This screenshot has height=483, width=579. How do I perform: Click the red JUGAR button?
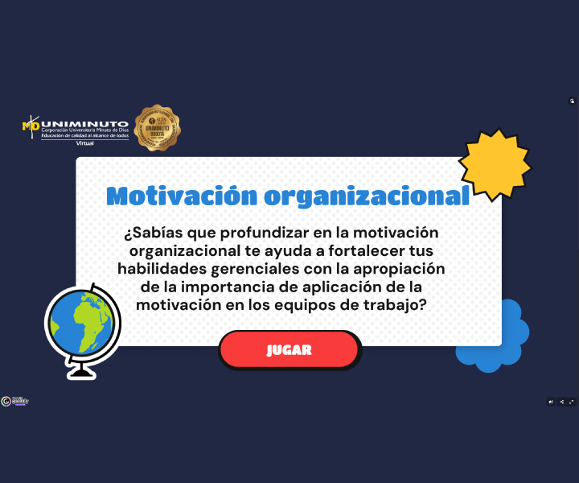[289, 350]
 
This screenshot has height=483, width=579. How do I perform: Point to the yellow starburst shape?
[494, 164]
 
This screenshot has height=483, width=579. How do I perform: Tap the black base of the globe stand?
[80, 372]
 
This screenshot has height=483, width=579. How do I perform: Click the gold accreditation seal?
[157, 127]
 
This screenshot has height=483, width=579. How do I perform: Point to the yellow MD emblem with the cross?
[31, 126]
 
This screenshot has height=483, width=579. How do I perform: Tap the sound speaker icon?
[551, 402]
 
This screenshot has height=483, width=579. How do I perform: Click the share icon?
[561, 402]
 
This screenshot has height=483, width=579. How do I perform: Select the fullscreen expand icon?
[571, 402]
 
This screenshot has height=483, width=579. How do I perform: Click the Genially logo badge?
[15, 401]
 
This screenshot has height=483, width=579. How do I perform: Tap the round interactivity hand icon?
[572, 101]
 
